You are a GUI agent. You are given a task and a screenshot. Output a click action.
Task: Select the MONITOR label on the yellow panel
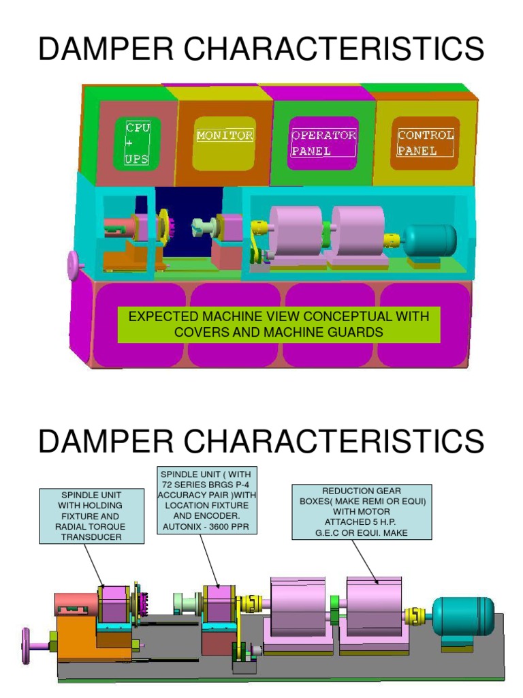pyautogui.click(x=225, y=136)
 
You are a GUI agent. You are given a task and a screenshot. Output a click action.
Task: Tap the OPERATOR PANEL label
pyautogui.click(x=323, y=143)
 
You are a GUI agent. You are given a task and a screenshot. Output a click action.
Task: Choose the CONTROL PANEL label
pyautogui.click(x=426, y=143)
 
